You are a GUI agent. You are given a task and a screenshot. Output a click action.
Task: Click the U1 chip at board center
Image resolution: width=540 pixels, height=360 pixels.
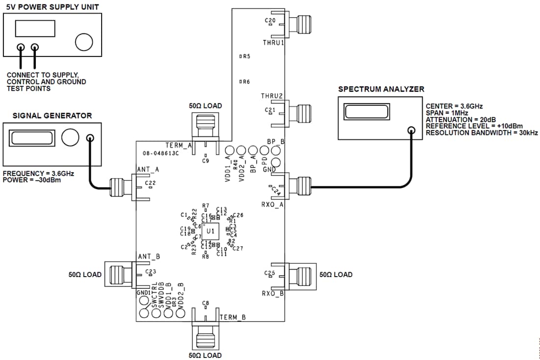(x=210, y=231)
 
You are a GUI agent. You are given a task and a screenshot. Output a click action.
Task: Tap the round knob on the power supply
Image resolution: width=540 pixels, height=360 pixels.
(x=84, y=42)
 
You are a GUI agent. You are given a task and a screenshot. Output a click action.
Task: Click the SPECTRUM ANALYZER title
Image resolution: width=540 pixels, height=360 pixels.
(x=381, y=89)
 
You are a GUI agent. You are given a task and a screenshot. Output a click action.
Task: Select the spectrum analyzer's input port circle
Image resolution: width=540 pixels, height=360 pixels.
(x=411, y=130)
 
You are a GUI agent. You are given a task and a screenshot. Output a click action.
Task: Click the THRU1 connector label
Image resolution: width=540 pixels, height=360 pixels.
(x=273, y=43)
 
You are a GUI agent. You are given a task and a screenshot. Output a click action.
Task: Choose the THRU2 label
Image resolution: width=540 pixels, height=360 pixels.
(x=272, y=96)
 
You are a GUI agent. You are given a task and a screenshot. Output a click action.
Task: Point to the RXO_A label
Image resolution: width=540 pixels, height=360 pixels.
(x=272, y=205)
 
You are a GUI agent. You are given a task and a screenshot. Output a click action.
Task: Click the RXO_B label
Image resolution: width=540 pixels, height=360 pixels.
(x=272, y=294)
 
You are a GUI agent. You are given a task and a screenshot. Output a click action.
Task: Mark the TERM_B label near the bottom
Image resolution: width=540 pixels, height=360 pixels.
(x=232, y=317)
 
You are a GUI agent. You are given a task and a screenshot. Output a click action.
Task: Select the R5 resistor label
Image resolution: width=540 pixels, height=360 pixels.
(x=245, y=56)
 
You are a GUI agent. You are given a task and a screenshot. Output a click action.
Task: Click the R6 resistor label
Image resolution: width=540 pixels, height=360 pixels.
(x=245, y=81)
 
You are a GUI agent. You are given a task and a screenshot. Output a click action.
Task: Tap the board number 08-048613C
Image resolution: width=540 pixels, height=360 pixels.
(x=161, y=153)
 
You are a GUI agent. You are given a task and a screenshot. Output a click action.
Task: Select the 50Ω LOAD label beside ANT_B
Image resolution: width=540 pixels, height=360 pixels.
(x=85, y=275)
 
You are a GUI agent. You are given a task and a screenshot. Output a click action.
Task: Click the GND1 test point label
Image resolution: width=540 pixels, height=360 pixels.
(x=143, y=293)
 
